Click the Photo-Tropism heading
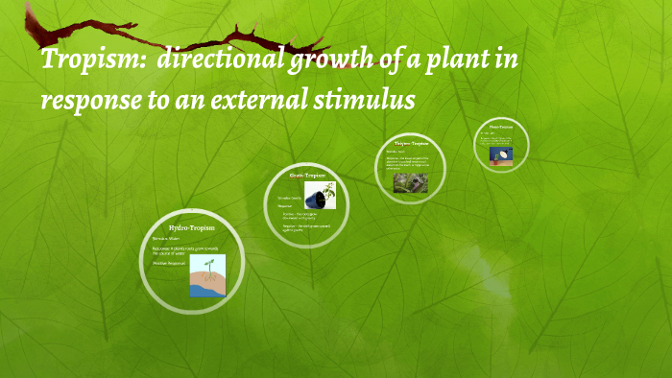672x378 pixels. click(x=501, y=126)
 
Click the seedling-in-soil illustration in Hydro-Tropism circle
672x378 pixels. click(x=207, y=274)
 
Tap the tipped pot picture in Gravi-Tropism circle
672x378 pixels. click(x=320, y=196)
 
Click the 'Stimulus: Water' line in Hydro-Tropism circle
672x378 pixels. click(x=166, y=238)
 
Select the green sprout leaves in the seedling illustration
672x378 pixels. click(x=207, y=262)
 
